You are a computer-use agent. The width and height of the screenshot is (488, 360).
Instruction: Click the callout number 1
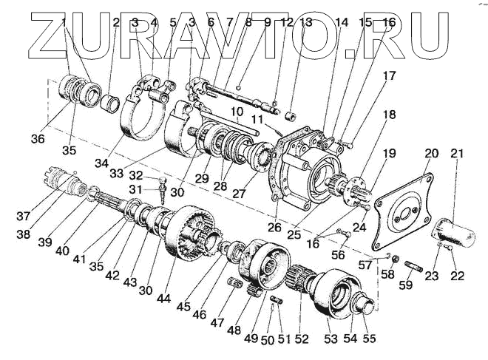pos(66,22)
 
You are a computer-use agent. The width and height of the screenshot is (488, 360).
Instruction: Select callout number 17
pos(389,75)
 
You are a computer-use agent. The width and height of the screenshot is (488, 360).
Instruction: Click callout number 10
pos(235,112)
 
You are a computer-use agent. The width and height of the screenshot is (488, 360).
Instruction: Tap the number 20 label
pos(431,154)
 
